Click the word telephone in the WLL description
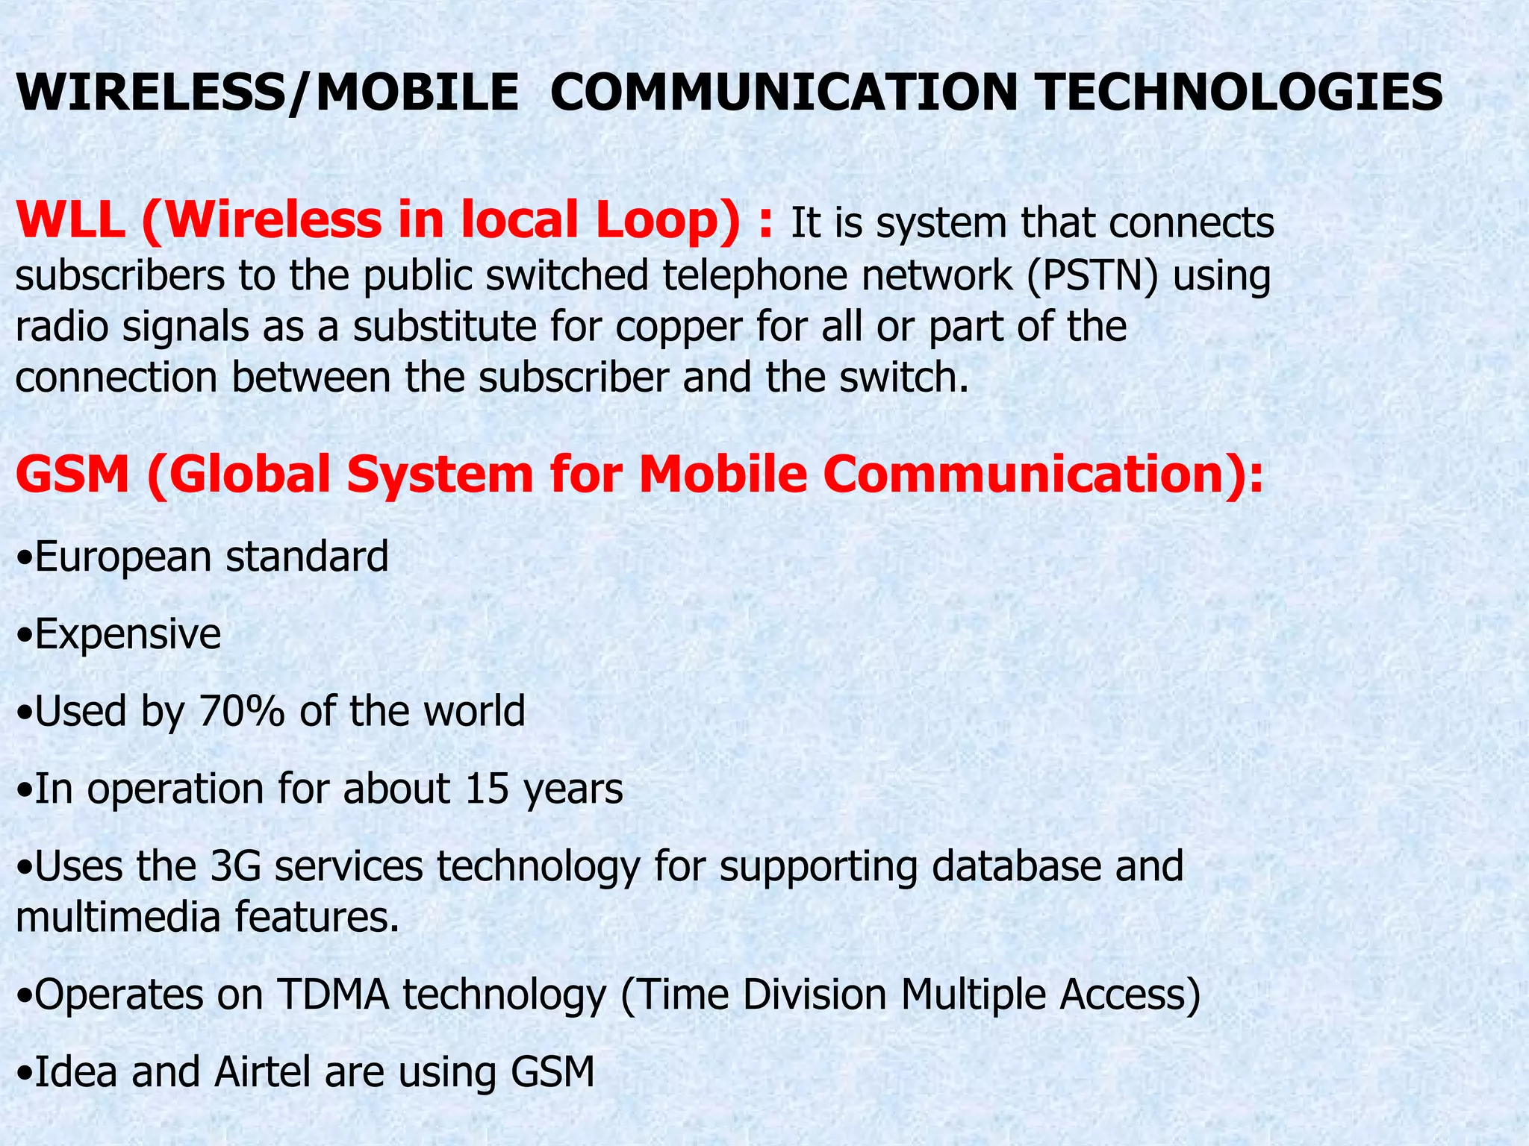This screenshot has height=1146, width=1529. (756, 276)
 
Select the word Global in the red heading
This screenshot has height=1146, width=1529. (239, 475)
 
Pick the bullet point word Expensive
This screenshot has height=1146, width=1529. (128, 635)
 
